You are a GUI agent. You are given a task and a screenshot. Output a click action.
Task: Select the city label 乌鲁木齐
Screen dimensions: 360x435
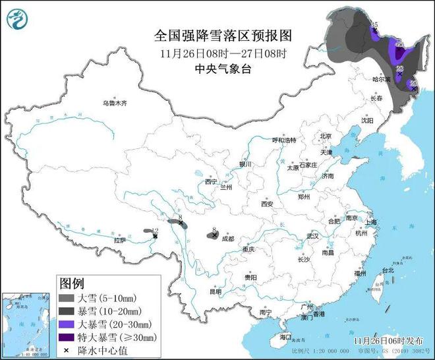(x=113, y=104)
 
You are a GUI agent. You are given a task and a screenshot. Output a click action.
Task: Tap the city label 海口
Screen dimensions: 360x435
(x=285, y=337)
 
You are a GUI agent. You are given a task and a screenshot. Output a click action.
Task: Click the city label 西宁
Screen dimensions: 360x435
(x=210, y=181)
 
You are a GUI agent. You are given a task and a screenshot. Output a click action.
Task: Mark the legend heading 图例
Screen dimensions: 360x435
(x=72, y=284)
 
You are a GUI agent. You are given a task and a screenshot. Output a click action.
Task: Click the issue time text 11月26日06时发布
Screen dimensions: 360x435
(x=387, y=341)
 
